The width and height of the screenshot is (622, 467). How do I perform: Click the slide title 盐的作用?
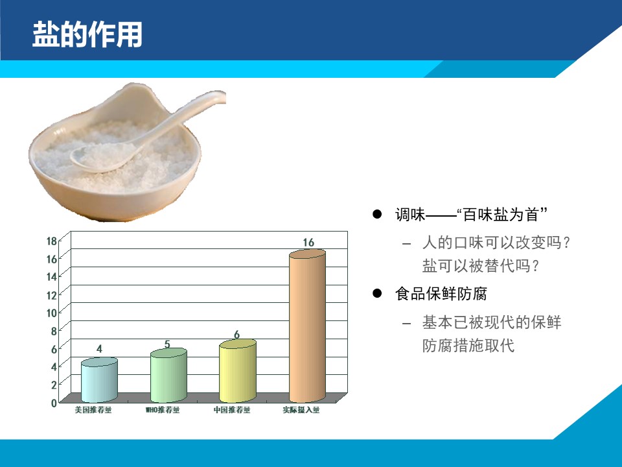point(87,34)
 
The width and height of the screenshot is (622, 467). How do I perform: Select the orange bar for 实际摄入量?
point(307,326)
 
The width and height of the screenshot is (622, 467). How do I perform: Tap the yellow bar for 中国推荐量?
point(238,371)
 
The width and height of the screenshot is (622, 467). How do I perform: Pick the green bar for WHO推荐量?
point(168,376)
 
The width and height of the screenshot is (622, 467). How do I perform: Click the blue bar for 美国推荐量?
point(99,380)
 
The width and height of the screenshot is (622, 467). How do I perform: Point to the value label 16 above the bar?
point(308,242)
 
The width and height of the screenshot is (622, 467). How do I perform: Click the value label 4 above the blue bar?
point(99,349)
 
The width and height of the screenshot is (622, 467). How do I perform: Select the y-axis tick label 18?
point(52,241)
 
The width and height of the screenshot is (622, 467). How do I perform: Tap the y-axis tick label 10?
point(52,313)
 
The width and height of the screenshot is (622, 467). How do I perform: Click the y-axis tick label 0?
point(54,403)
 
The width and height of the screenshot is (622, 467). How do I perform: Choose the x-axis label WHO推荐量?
point(162,410)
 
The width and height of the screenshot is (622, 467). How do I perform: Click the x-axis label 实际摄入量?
point(301,410)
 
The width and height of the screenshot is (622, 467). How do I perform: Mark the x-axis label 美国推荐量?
point(93,410)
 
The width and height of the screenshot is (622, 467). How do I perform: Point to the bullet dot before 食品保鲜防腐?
point(377,293)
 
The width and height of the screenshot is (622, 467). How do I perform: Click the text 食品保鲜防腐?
point(441,294)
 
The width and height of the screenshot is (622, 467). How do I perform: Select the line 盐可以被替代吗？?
point(481,266)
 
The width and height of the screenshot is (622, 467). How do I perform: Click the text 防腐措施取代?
point(468,346)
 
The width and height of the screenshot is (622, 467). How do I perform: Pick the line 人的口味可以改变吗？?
point(496,242)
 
